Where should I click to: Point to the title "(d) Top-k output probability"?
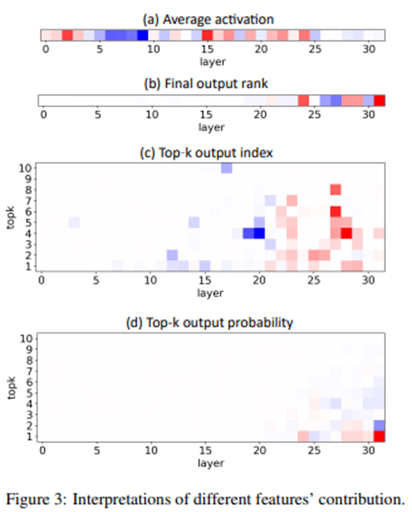pyautogui.click(x=210, y=324)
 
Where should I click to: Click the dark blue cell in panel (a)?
pyautogui.click(x=142, y=35)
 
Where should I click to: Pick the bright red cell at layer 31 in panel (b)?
pyautogui.click(x=379, y=100)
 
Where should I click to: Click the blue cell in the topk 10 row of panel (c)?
pyautogui.click(x=226, y=168)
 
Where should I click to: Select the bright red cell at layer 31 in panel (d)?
pyautogui.click(x=379, y=436)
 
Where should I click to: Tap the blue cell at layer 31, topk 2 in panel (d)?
pyautogui.click(x=379, y=426)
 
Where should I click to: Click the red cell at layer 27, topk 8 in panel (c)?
pyautogui.click(x=336, y=189)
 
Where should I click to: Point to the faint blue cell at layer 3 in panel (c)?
pyautogui.click(x=74, y=222)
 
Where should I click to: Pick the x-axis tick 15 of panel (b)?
pyautogui.click(x=205, y=115)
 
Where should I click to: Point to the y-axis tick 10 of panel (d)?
pyautogui.click(x=26, y=339)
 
